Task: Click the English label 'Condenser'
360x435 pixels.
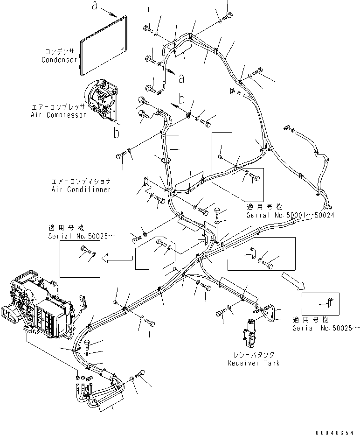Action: (x=59, y=60)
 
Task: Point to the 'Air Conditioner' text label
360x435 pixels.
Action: (x=82, y=189)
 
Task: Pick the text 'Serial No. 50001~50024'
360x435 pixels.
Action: (x=291, y=215)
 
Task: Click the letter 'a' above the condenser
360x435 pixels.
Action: (x=95, y=6)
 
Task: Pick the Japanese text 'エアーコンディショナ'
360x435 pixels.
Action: (x=82, y=181)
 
